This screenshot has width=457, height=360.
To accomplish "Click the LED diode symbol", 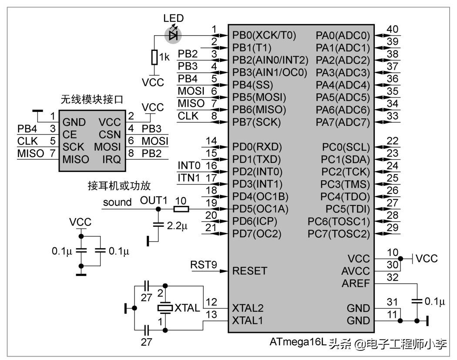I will (173, 35).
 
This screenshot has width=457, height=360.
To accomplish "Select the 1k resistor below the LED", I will (154, 57).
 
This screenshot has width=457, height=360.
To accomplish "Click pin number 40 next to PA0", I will (392, 29).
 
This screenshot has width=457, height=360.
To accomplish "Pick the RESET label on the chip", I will (250, 271).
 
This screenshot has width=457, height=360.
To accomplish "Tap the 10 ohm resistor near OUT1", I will (181, 209).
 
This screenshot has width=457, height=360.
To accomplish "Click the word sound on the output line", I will (117, 202).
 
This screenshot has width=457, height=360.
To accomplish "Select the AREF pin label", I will (355, 283).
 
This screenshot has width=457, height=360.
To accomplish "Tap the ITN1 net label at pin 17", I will (189, 178).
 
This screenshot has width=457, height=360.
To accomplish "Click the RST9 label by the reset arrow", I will (204, 265).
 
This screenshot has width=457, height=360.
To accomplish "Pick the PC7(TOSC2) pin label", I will (339, 234).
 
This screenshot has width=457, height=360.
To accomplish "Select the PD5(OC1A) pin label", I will (260, 209).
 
